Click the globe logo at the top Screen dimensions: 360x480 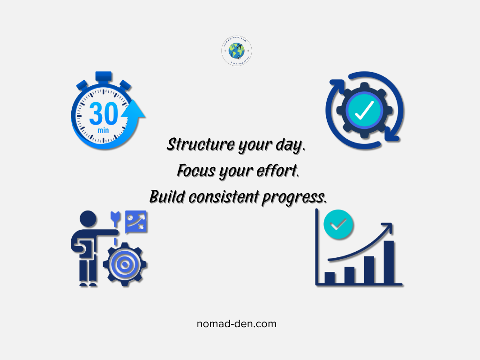pyautogui.click(x=237, y=51)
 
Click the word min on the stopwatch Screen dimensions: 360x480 pyautogui.click(x=103, y=129)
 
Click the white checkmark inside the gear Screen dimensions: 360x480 pyautogui.click(x=364, y=110)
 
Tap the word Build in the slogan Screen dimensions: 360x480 pyautogui.click(x=167, y=197)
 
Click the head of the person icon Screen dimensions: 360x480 pyautogui.click(x=88, y=219)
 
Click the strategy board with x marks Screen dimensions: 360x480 pyautogui.click(x=136, y=221)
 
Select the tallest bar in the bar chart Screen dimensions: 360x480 pyautogui.click(x=389, y=262)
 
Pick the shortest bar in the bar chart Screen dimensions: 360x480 pyautogui.click(x=330, y=277)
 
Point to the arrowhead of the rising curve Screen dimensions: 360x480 pyautogui.click(x=388, y=227)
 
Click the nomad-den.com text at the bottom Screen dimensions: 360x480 pyautogui.click(x=237, y=324)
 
